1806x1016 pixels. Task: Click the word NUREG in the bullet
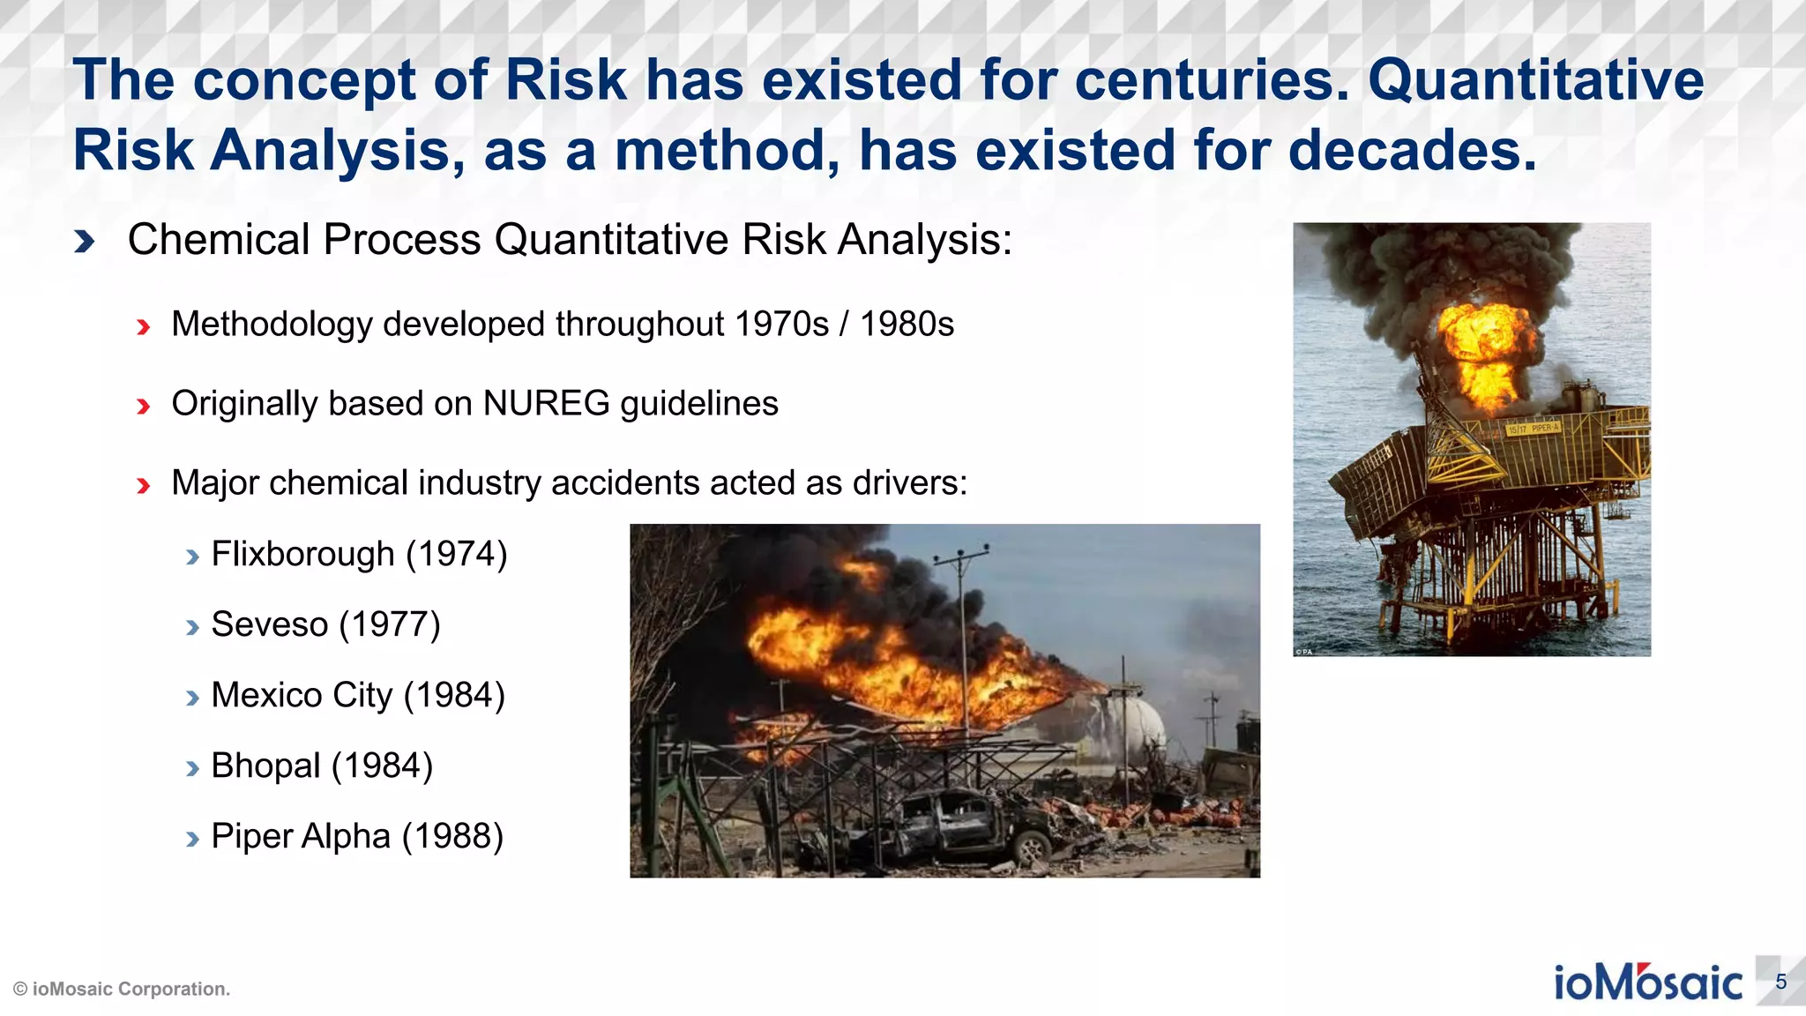pyautogui.click(x=546, y=404)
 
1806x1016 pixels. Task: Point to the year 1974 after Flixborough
pyautogui.click(x=456, y=555)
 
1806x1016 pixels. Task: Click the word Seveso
pyautogui.click(x=270, y=625)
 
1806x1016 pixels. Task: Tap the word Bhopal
pyautogui.click(x=265, y=766)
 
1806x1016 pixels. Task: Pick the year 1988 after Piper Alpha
pyautogui.click(x=452, y=837)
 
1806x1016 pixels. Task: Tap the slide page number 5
pyautogui.click(x=1780, y=982)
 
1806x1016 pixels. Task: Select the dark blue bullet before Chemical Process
pyautogui.click(x=85, y=241)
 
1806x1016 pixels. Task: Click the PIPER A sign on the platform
pyautogui.click(x=1533, y=429)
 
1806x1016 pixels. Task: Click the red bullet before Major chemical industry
pyautogui.click(x=144, y=485)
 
